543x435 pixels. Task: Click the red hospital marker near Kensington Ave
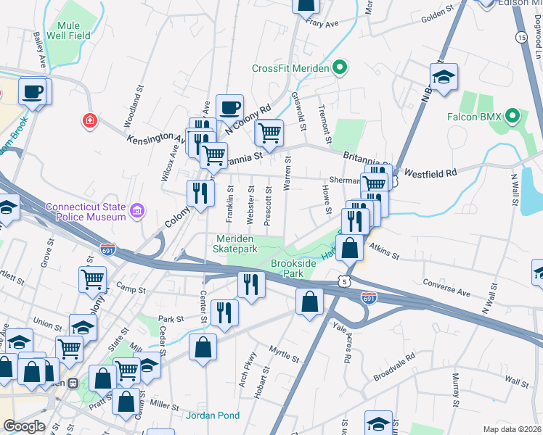(89, 120)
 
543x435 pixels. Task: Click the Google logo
(25, 426)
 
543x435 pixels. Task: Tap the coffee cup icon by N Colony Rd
(229, 108)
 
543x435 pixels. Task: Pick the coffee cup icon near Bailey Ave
(32, 91)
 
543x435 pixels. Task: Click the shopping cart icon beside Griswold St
(269, 133)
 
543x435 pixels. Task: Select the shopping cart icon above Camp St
(93, 279)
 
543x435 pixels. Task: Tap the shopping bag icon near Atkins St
(350, 247)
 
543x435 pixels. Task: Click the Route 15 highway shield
(521, 36)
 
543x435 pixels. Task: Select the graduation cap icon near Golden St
(443, 77)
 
